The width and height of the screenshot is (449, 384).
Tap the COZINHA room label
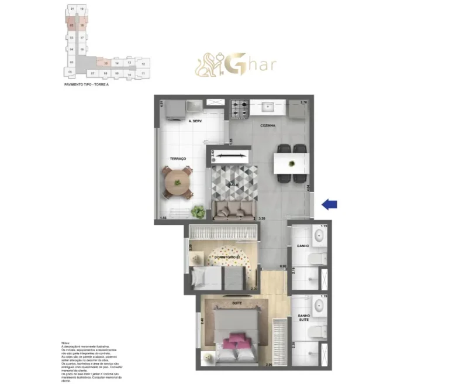[268, 125]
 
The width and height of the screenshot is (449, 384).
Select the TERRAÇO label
[178, 159]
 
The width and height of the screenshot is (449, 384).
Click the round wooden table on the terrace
[178, 180]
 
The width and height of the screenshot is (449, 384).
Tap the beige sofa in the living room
[234, 210]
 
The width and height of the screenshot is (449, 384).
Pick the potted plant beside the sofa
[199, 210]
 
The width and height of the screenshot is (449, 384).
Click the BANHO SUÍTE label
[303, 318]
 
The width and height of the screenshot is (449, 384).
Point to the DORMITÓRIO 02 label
[227, 258]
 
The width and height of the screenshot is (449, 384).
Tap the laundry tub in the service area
[194, 106]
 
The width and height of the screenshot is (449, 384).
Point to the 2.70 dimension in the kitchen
[303, 102]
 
